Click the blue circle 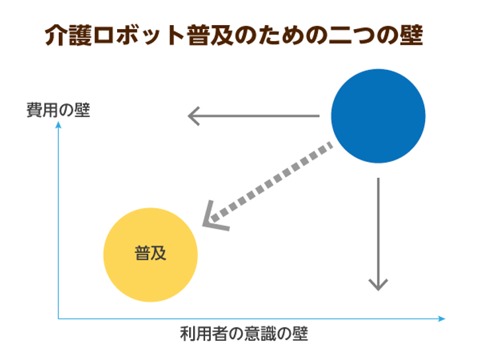[x=378, y=116]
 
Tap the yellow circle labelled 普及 [x=150, y=255]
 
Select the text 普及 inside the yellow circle [x=150, y=253]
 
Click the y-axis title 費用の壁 [x=58, y=110]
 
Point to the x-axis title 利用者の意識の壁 [x=244, y=334]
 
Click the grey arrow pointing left [x=253, y=116]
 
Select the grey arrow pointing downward [x=378, y=234]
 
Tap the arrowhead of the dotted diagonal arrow [x=214, y=217]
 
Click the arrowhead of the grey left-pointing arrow [x=193, y=116]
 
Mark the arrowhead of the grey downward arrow [x=378, y=285]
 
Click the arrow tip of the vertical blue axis [x=58, y=122]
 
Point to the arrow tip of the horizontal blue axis [x=445, y=318]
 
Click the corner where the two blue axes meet [x=58, y=318]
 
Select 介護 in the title [x=68, y=35]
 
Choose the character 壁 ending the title [x=411, y=35]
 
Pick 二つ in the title [x=352, y=35]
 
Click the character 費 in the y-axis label [x=34, y=110]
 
